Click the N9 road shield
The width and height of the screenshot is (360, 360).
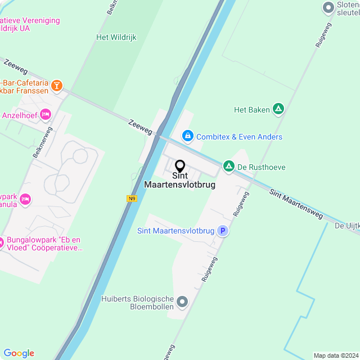[x=132, y=198]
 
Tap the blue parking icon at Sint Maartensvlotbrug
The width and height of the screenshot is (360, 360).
[x=223, y=231]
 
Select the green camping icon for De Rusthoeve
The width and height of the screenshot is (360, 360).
[x=229, y=166]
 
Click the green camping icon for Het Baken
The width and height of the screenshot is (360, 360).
[x=278, y=109]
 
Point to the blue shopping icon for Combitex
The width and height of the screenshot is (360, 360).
[x=187, y=136]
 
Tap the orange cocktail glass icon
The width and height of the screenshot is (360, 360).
[x=56, y=85]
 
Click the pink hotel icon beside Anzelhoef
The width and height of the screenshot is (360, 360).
[x=46, y=115]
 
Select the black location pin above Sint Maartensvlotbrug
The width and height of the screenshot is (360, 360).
[x=180, y=166]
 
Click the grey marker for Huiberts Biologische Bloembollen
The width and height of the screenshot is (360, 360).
[x=182, y=303]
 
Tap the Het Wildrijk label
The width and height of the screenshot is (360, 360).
[x=116, y=38]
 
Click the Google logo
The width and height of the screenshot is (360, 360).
[x=19, y=353]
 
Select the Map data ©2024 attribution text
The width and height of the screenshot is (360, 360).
[x=336, y=355]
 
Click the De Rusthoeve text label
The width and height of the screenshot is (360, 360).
[x=261, y=167]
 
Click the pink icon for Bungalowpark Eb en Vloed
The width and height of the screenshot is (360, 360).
[x=2, y=243]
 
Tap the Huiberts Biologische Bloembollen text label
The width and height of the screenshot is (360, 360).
[x=137, y=303]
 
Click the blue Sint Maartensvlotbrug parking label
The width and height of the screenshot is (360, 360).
[x=176, y=231]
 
